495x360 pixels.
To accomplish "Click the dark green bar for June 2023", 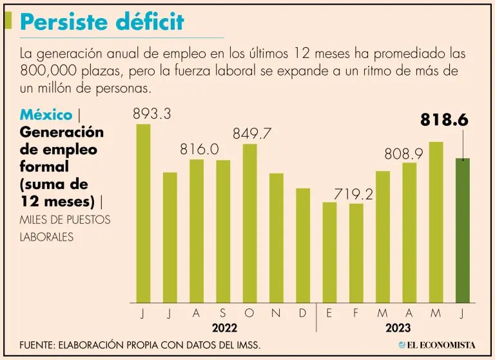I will [x=462, y=230].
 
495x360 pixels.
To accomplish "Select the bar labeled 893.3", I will [x=143, y=213].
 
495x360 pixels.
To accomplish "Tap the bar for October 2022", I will [x=249, y=223].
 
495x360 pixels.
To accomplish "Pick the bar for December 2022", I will [x=303, y=245].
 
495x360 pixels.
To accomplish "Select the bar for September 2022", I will [x=223, y=231].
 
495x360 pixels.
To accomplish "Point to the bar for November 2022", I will [x=276, y=237].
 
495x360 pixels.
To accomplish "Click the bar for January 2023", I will [x=329, y=252].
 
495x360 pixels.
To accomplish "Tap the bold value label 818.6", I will [x=444, y=120].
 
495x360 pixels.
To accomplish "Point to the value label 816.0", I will [x=199, y=149].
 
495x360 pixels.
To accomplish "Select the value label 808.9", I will [x=404, y=154].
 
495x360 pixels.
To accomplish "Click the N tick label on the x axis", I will [x=276, y=314].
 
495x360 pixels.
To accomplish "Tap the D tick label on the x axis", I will [x=303, y=314].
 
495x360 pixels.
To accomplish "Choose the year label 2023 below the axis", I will [x=398, y=328].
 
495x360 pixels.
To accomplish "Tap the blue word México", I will [x=46, y=115].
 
